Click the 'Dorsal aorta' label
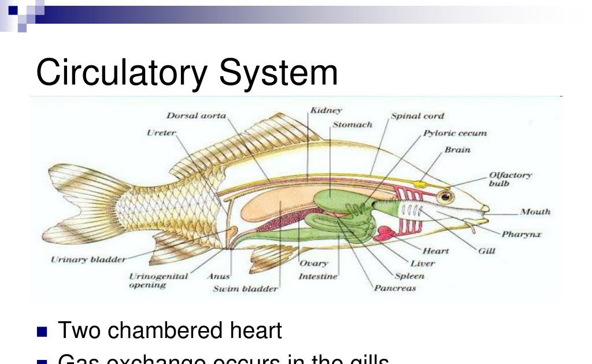pos(197,116)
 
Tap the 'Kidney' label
pos(326,110)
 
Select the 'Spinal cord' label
pos(417,116)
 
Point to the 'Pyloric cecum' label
pos(455,133)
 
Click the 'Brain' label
pos(457,150)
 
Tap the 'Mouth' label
pos(535,212)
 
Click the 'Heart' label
pos(435,251)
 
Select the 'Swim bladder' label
pos(245,288)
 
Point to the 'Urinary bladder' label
pos(88,259)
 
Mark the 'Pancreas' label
pos(395,288)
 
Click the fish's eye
pos(446,197)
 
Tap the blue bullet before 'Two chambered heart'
pos(42,332)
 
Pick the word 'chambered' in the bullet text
pos(165,331)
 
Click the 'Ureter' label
pos(161,133)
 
